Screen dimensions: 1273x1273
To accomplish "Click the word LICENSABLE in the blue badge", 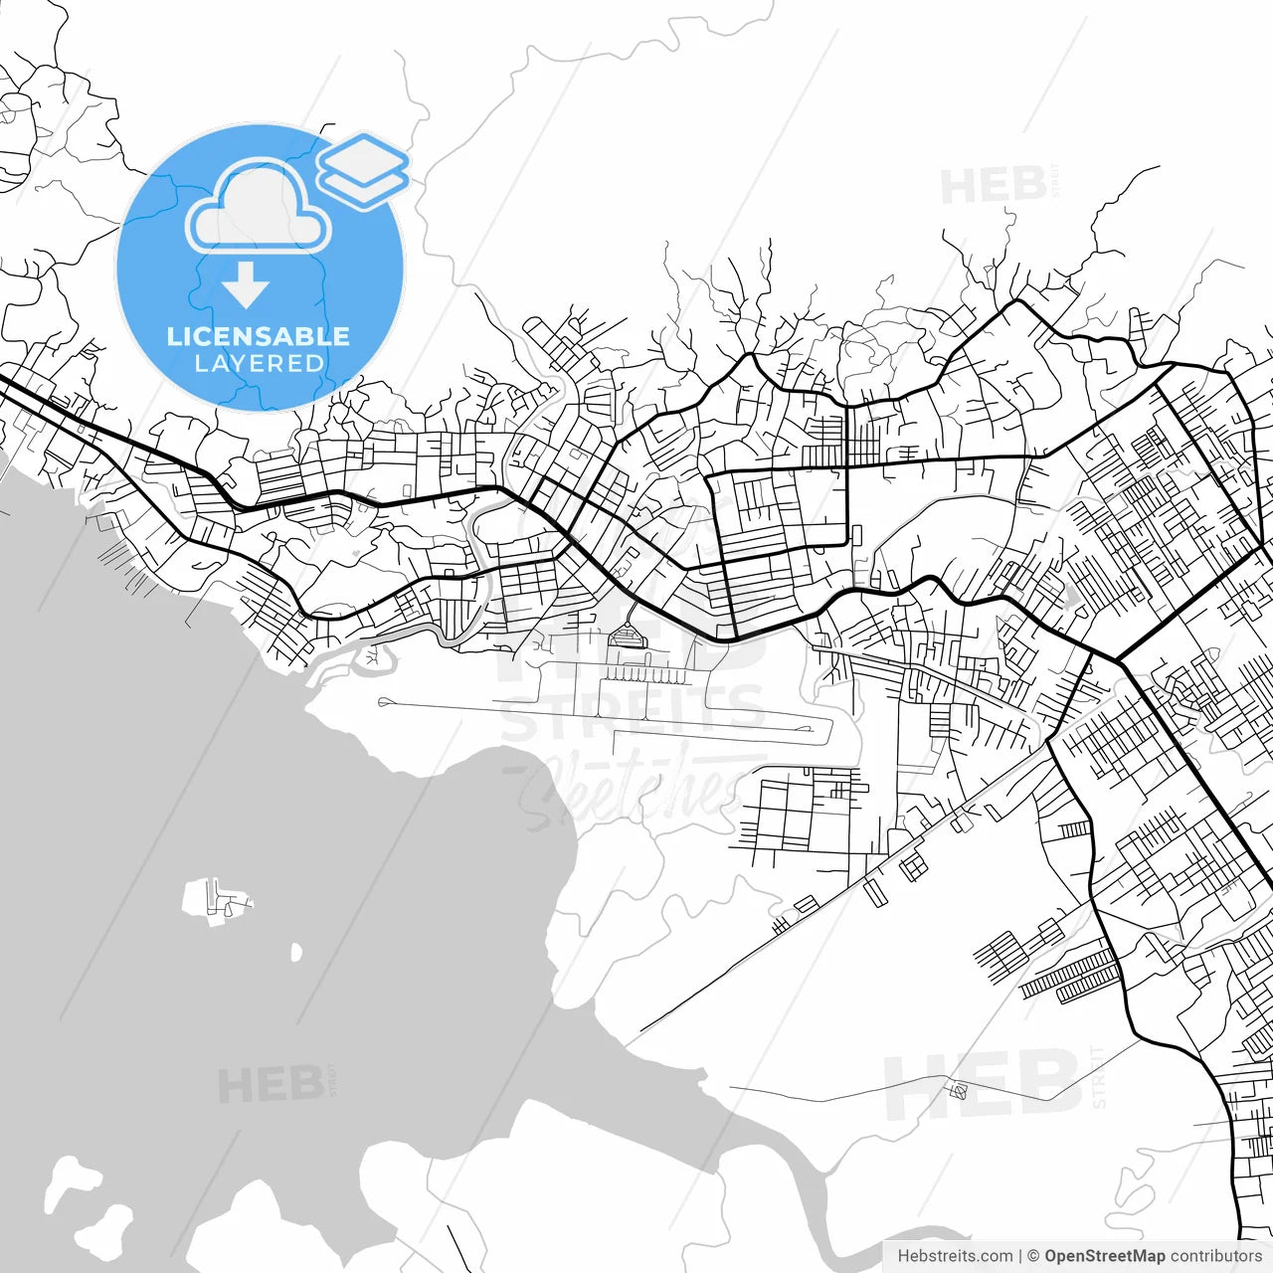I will (259, 336).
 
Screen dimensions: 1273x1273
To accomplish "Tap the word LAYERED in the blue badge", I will (259, 364).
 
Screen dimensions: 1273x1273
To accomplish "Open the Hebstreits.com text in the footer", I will (955, 1256).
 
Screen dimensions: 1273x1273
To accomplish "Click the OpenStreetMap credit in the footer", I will (1105, 1256).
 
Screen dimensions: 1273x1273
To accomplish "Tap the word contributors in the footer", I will (1215, 1256).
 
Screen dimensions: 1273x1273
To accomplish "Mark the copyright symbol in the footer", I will (1033, 1256).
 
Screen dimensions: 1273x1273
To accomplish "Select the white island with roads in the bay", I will (216, 902).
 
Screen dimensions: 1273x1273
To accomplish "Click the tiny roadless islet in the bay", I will (295, 952).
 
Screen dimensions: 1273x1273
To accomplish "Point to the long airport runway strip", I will (607, 718).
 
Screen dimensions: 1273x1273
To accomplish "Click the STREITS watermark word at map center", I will (633, 714).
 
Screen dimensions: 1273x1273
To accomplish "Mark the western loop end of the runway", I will (385, 702).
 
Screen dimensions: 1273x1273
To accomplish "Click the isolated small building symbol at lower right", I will (959, 1090).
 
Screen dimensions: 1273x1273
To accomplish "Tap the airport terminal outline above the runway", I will (627, 636).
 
